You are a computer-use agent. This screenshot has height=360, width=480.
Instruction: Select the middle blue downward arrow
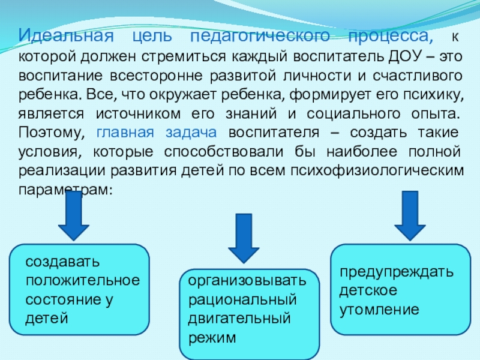[243, 238]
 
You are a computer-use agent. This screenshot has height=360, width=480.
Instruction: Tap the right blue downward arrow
[410, 215]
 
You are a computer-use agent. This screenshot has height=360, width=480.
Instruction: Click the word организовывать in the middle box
[247, 281]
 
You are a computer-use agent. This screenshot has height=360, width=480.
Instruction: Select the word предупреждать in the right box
[397, 272]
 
